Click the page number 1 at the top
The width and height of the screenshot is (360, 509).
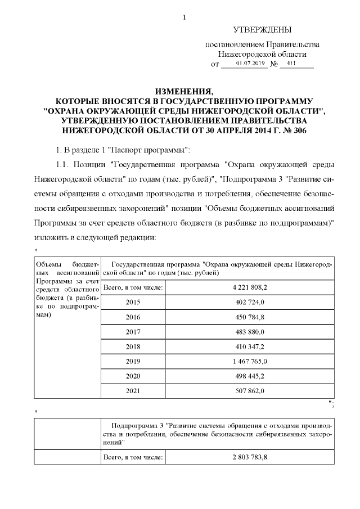point(184,17)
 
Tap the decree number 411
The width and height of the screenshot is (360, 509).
point(291,64)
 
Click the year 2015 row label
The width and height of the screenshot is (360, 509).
point(133,303)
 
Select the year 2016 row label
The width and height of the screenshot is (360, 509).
point(133,317)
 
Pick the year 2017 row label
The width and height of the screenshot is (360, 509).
point(133,332)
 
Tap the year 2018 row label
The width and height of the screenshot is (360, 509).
point(133,346)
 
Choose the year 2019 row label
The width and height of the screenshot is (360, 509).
point(133,361)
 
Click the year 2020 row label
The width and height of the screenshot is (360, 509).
point(133,376)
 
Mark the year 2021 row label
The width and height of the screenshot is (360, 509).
point(133,390)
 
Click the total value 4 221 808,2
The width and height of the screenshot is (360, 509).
point(249,287)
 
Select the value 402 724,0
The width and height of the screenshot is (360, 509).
point(249,303)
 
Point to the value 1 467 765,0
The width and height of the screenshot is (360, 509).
point(249,361)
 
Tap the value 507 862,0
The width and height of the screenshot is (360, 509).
point(249,390)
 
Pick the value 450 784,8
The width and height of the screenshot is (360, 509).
point(249,317)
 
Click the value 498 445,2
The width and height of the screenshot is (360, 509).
point(249,376)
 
